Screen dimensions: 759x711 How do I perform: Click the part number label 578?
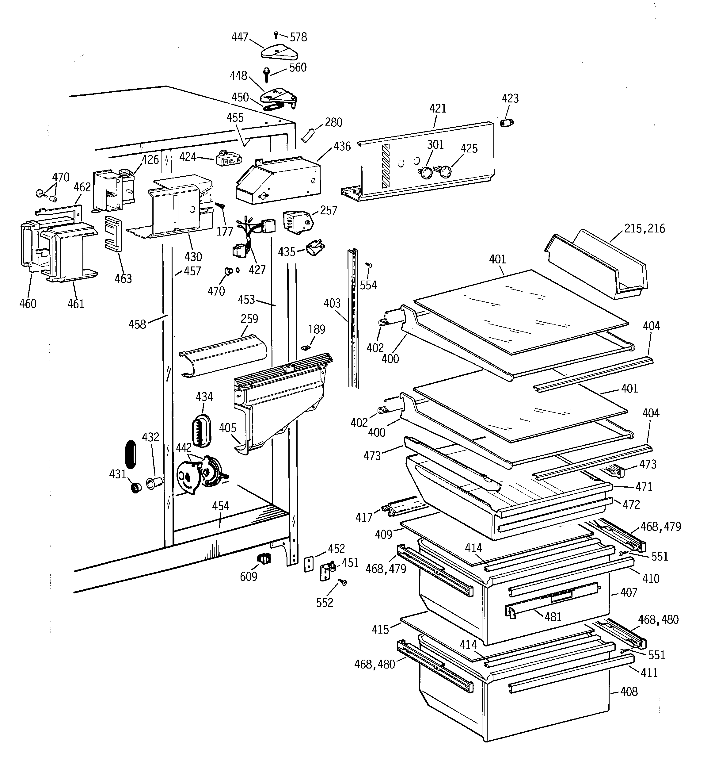[298, 37]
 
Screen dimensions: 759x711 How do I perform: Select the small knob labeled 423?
[507, 123]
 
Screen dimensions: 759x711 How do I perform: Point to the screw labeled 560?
[267, 75]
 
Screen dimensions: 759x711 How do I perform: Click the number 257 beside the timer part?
[328, 210]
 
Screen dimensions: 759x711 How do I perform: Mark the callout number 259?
[249, 319]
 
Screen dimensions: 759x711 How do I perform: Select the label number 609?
[249, 577]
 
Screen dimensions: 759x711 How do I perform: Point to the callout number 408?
[629, 692]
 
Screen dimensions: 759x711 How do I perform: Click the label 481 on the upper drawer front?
[553, 617]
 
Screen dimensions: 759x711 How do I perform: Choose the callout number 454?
[221, 506]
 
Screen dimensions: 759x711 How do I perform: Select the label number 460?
[28, 304]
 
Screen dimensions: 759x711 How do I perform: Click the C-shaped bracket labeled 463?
[113, 234]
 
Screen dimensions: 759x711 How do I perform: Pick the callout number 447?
[240, 37]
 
